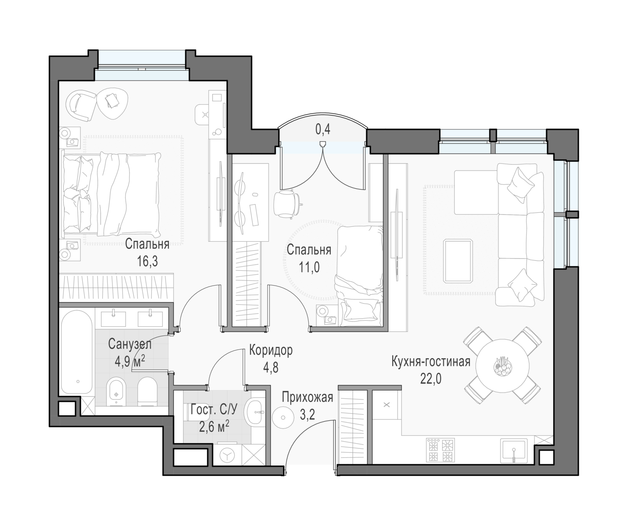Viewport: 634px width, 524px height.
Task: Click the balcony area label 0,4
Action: [323, 129]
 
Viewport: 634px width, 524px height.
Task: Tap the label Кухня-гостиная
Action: [431, 362]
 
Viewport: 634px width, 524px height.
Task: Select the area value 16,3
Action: [148, 261]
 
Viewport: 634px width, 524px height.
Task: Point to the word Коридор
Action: [271, 350]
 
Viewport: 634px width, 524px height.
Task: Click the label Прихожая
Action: [307, 397]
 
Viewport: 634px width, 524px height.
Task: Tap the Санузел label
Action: [130, 344]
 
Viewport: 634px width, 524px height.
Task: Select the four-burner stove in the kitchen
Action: [440, 450]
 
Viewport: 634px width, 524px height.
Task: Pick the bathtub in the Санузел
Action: [77, 352]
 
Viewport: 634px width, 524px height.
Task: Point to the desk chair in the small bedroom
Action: [287, 203]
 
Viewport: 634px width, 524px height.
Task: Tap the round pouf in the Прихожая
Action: [283, 418]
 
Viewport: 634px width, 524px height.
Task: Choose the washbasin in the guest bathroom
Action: [254, 412]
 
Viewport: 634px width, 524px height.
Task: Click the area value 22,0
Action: [431, 379]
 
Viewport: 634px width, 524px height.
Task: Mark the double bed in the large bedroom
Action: [112, 194]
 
